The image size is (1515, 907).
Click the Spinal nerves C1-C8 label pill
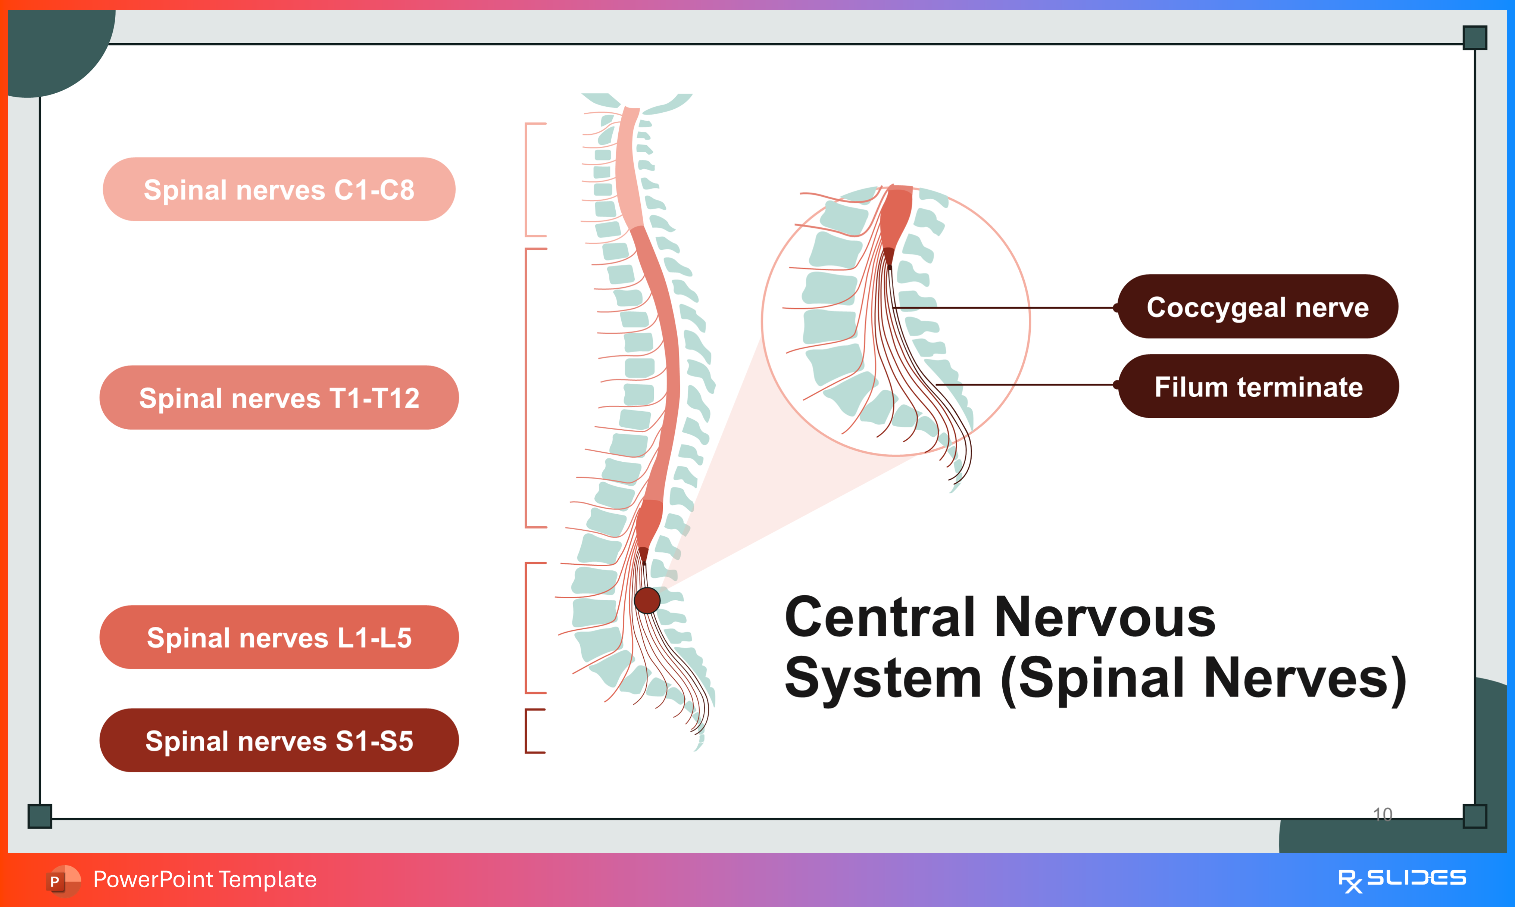(x=279, y=190)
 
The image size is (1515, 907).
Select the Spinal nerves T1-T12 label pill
(x=279, y=398)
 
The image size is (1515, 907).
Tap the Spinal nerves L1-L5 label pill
(x=279, y=638)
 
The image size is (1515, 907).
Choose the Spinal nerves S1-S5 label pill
(x=279, y=741)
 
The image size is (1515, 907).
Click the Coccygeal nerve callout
(x=1258, y=307)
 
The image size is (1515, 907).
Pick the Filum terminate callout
(x=1258, y=386)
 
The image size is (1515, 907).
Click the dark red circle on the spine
(x=647, y=600)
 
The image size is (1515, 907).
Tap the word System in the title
(x=883, y=679)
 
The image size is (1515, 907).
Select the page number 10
(x=1383, y=814)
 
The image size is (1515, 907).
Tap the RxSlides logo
(x=1402, y=879)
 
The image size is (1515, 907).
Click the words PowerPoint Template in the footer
(x=204, y=879)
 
